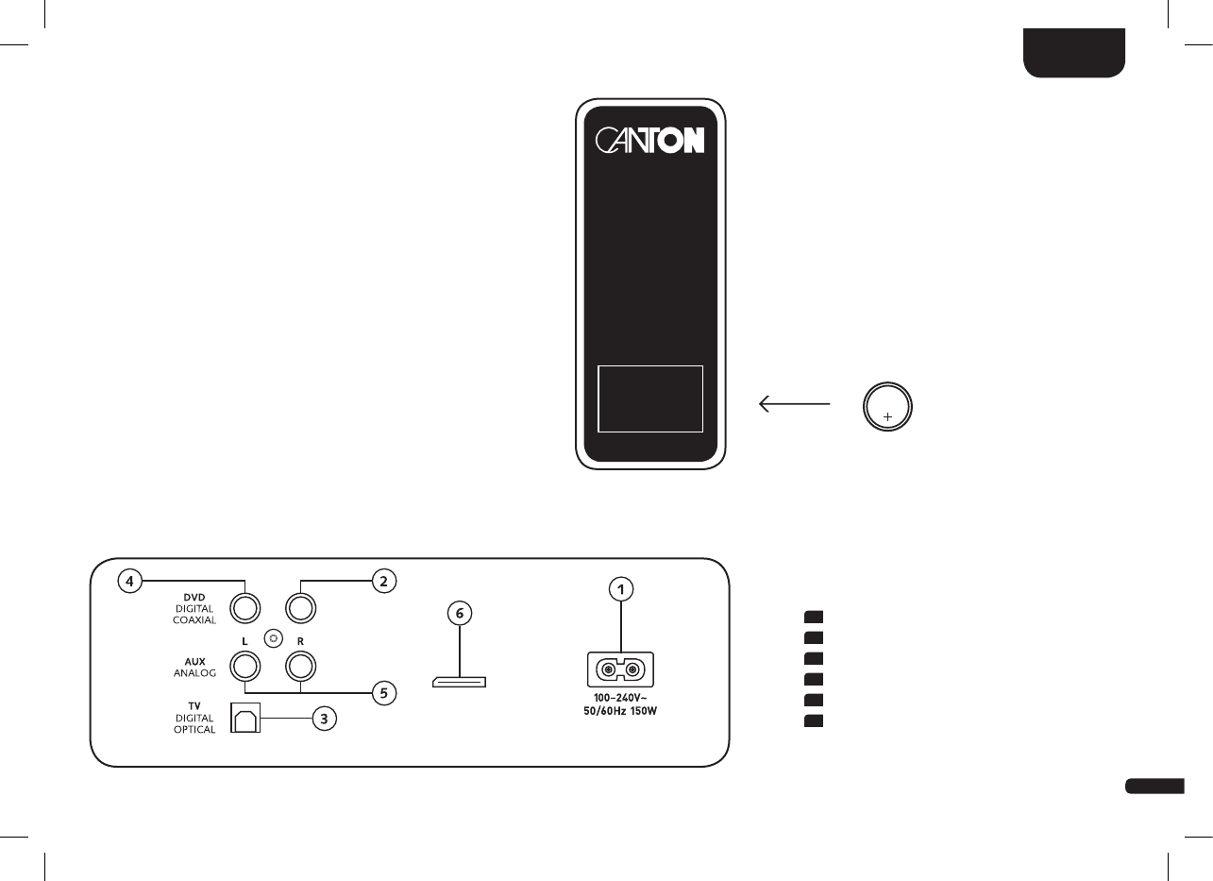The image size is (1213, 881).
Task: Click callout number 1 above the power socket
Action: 621,590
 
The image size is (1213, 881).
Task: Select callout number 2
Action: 382,581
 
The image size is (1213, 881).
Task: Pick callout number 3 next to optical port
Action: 323,720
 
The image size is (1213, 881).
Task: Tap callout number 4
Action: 131,581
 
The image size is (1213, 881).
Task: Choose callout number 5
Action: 382,693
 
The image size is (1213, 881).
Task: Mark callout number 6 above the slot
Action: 460,614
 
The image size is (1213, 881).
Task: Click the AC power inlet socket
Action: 620,670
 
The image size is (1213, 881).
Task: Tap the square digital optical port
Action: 245,720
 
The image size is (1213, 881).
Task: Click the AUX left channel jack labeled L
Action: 245,668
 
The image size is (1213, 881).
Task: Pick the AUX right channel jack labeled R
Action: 300,668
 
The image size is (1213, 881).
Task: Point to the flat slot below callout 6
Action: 459,681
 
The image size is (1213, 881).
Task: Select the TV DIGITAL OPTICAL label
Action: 195,719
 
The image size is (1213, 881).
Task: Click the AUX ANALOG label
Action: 195,668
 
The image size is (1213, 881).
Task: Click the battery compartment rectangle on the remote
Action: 650,398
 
